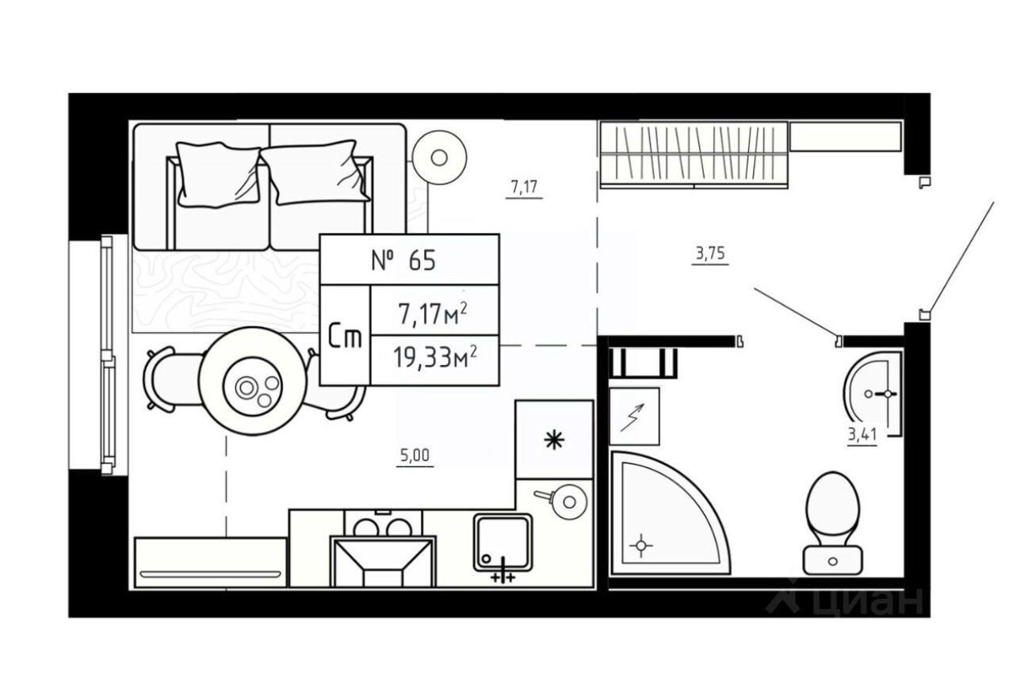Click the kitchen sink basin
click(x=503, y=542)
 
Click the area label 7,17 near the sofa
click(x=525, y=188)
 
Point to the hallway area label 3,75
click(x=710, y=255)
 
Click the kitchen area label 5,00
click(x=415, y=455)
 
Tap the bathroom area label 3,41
click(x=862, y=435)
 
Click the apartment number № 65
click(x=403, y=261)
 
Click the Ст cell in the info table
click(x=345, y=337)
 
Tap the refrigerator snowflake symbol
click(x=554, y=440)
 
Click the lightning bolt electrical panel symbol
click(x=634, y=416)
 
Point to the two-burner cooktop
click(x=384, y=526)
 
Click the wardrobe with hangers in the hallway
click(x=694, y=154)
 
